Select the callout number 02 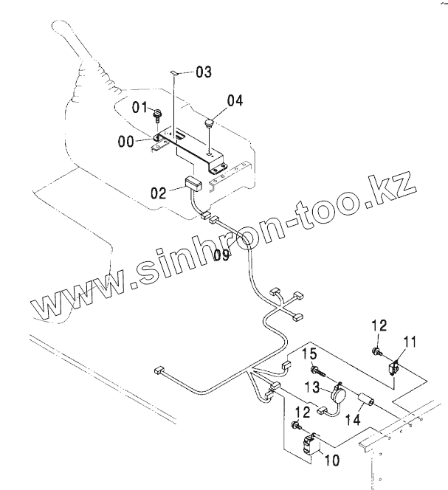click(x=159, y=193)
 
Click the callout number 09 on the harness click(x=221, y=255)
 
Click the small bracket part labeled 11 click(x=396, y=363)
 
